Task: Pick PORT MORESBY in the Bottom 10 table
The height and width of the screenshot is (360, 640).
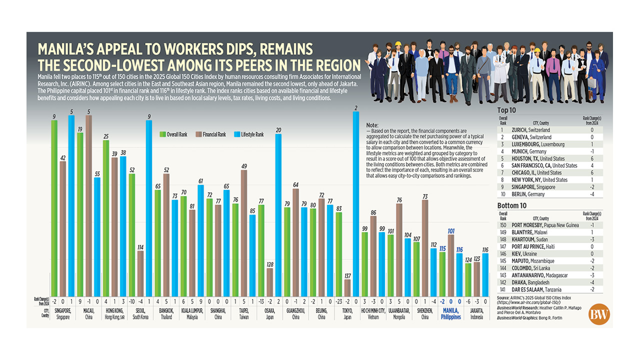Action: [x=544, y=225]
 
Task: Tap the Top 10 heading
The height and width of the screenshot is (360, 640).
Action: [x=509, y=111]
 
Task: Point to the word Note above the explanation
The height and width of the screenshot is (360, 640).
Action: [x=372, y=125]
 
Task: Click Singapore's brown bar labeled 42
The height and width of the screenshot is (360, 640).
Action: [x=62, y=227]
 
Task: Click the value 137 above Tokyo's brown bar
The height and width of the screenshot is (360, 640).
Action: [x=347, y=275]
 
